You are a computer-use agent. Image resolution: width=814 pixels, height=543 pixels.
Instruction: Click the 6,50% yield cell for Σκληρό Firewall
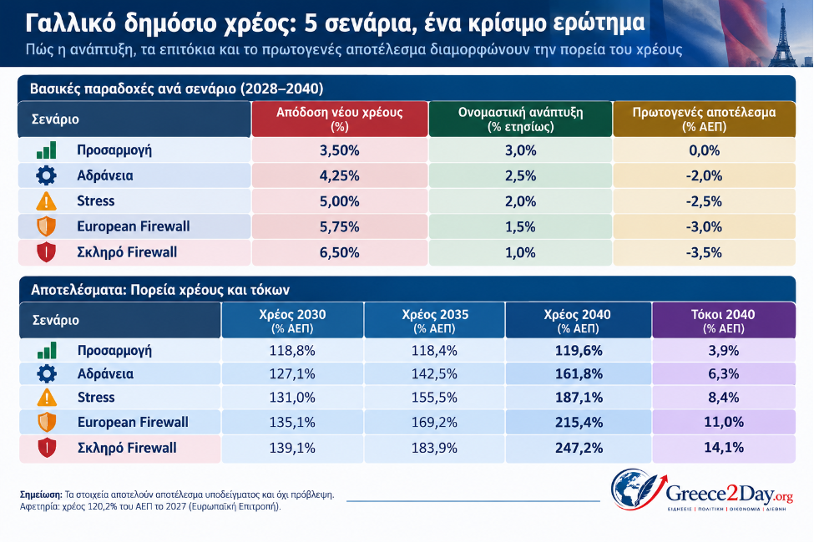tap(340, 252)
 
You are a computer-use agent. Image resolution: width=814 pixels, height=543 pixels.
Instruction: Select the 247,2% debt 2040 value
tap(579, 448)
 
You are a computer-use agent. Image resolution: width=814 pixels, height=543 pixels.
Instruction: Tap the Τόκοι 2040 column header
tap(723, 321)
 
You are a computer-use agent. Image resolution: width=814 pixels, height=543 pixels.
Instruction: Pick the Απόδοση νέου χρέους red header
tap(340, 119)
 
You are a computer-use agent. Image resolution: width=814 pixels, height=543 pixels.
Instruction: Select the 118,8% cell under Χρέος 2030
tap(292, 351)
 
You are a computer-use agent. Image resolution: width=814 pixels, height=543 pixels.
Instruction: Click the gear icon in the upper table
tap(46, 175)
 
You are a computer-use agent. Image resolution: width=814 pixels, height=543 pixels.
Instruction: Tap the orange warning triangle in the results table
tap(47, 398)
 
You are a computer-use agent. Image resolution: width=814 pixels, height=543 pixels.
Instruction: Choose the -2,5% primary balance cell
tap(704, 201)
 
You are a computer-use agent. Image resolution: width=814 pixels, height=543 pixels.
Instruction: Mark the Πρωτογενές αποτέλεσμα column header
tap(704, 119)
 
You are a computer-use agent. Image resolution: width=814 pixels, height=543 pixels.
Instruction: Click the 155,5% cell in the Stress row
tap(434, 398)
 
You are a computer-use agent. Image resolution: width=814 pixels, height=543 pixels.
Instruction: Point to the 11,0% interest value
tap(724, 422)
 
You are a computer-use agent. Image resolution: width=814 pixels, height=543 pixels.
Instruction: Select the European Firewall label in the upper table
tap(134, 226)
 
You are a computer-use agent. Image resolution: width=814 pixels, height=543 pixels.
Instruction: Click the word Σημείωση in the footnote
tap(41, 495)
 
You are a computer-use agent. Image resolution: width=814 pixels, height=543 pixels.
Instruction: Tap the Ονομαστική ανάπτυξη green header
tap(520, 119)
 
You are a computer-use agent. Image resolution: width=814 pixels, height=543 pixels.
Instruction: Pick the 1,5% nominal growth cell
tap(520, 227)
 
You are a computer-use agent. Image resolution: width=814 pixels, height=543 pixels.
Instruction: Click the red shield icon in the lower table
tap(47, 448)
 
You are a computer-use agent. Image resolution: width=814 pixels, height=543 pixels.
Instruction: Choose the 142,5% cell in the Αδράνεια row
tap(434, 374)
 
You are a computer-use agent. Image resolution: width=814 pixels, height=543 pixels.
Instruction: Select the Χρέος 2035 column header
tap(434, 321)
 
